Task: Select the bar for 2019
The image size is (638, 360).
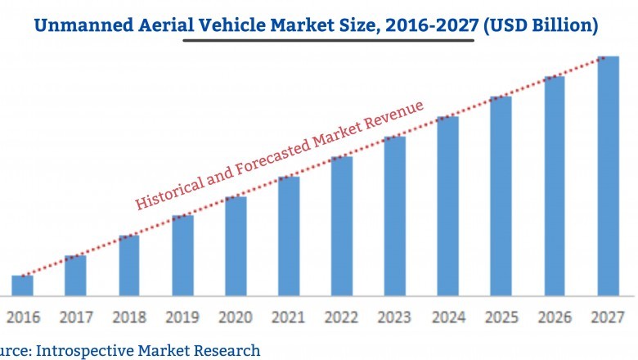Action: click(182, 254)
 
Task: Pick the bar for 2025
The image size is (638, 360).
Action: click(501, 196)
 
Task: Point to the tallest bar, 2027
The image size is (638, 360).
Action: click(607, 175)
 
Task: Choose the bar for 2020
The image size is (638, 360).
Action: click(236, 245)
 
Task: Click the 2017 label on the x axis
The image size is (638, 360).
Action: click(75, 316)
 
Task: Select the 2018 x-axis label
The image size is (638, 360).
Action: click(128, 316)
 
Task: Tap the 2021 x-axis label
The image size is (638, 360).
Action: click(288, 316)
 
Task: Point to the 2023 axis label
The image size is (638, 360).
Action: click(394, 316)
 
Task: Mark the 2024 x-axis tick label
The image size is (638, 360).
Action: click(447, 316)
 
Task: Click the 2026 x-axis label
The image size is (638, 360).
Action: click(554, 316)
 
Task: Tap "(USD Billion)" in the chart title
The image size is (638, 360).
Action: click(539, 25)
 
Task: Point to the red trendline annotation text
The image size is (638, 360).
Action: click(278, 155)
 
